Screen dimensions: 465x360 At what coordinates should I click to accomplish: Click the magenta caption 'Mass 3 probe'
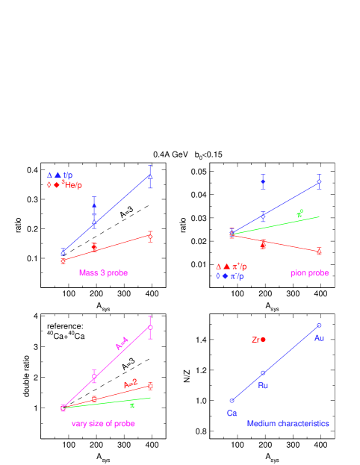103,273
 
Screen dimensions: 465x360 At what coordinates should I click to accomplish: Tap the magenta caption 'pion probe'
309,273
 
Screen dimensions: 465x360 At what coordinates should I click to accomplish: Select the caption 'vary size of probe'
103,423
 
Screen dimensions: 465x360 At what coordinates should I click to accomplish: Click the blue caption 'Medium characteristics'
288,423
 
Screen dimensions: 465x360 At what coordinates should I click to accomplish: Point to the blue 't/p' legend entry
68,175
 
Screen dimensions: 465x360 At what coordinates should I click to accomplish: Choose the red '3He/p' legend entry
72,184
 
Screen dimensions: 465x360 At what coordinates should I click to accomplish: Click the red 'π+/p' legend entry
238,266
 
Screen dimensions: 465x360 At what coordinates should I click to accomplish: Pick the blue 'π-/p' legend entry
237,276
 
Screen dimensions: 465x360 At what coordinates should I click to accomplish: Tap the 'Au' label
319,338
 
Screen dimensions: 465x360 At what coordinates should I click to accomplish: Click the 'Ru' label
263,385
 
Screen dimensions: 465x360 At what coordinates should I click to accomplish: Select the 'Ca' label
232,413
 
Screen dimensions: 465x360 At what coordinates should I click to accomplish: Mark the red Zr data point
263,339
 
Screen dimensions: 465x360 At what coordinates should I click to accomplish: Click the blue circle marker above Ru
263,372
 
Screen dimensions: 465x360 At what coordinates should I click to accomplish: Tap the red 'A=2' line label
131,384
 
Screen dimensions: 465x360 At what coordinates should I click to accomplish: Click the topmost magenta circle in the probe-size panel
150,327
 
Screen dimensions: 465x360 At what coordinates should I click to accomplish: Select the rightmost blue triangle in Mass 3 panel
150,177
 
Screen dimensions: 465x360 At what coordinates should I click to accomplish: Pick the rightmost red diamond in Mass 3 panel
150,237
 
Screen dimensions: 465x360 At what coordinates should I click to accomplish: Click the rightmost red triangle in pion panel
319,252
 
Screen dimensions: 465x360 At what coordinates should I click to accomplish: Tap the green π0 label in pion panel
300,213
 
